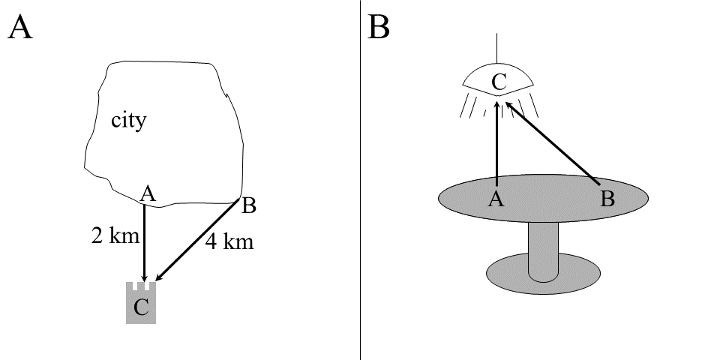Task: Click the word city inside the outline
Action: [128, 121]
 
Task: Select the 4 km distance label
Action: [229, 242]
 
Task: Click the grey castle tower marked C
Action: [141, 304]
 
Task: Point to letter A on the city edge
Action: [148, 195]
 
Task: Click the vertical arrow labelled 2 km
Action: [143, 247]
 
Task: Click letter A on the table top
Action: [495, 199]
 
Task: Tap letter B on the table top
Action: [608, 199]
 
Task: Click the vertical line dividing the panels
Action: [361, 180]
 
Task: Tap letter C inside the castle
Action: [141, 306]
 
